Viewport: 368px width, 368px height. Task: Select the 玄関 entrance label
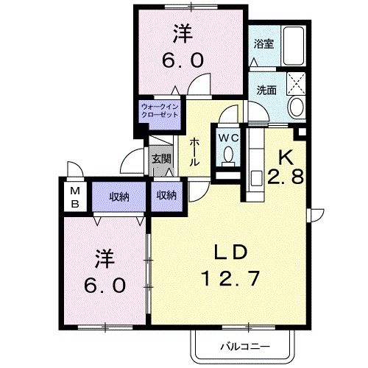[x=161, y=158]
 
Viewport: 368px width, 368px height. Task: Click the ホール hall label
[x=194, y=152]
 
